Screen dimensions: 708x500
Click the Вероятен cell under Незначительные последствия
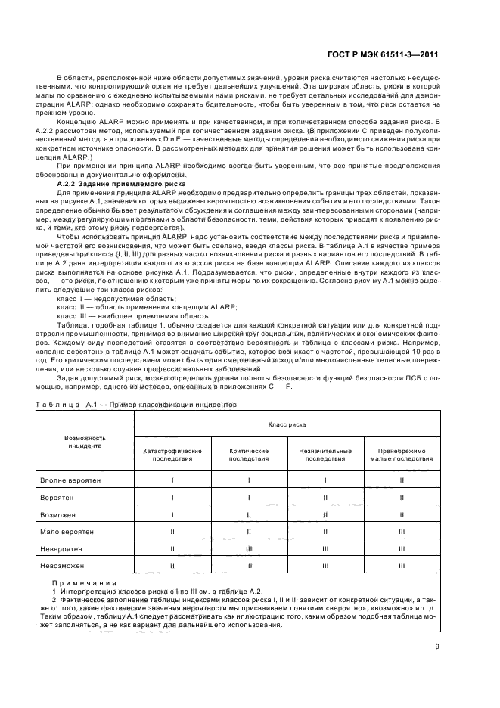pos(325,497)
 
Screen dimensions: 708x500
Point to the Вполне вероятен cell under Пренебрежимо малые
pos(402,480)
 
